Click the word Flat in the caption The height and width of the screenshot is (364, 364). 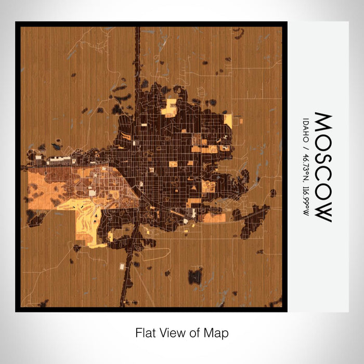pos(145,332)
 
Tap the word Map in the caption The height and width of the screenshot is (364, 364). pos(217,332)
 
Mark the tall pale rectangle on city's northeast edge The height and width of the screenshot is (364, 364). pos(228,121)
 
